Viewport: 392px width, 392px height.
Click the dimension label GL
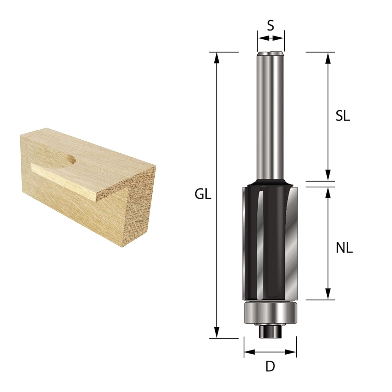pos(203,194)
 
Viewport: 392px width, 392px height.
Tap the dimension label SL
pos(343,117)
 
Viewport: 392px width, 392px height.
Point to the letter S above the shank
pos(271,26)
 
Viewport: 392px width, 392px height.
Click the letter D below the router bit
pos(270,366)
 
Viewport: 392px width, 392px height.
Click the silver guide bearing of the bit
pos(270,313)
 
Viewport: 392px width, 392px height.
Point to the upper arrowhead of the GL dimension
pos(216,58)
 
